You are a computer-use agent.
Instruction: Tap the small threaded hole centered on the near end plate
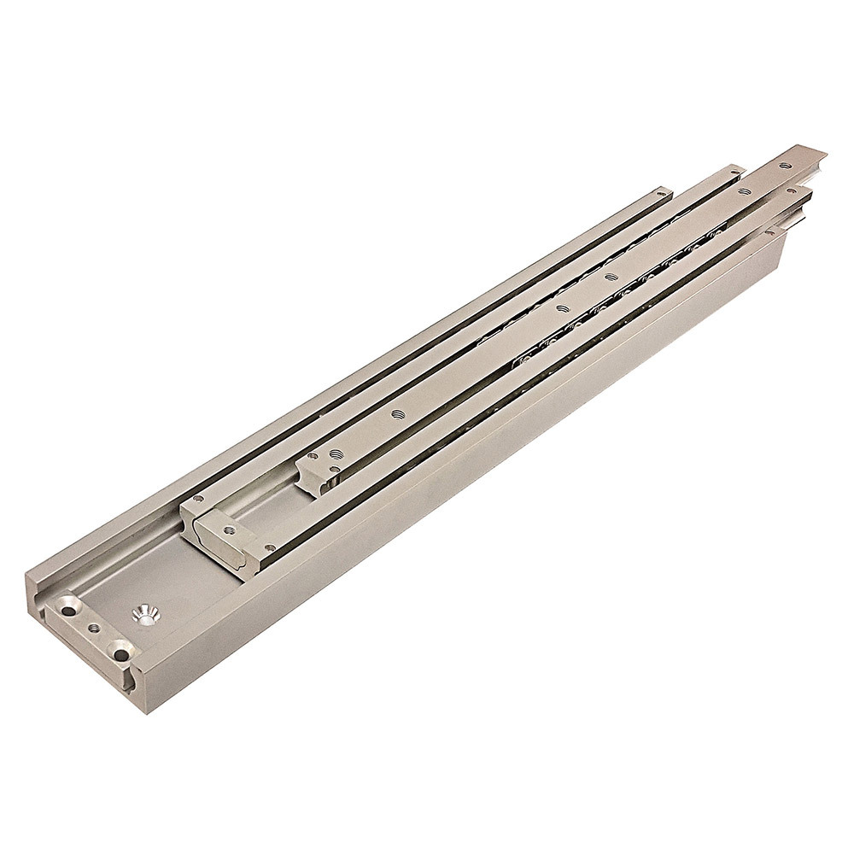pos(93,629)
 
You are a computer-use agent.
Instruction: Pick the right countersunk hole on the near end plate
pos(120,654)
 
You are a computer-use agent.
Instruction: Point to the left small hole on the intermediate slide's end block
pos(198,498)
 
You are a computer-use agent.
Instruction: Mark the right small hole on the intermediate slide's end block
pos(271,546)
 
